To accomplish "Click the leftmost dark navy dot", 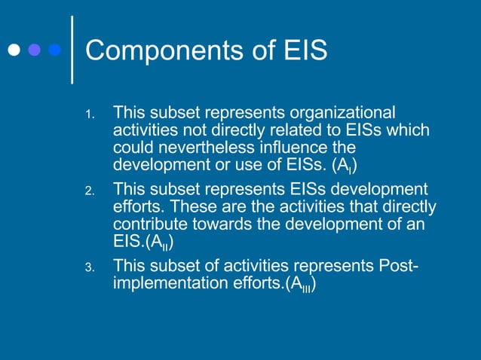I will click(x=14, y=50).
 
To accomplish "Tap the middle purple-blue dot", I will click(x=34, y=50).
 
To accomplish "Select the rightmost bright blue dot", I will click(x=54, y=50).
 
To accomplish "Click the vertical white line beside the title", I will click(x=72, y=49).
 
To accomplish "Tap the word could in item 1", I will click(x=133, y=147).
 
